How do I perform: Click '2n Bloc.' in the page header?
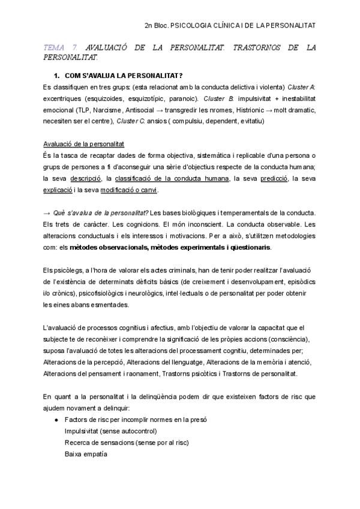(x=157, y=26)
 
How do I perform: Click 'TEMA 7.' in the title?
(x=62, y=47)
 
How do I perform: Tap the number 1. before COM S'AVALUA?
(x=58, y=76)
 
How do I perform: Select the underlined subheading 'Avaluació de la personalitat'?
(x=84, y=145)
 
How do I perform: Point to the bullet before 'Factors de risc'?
(x=56, y=420)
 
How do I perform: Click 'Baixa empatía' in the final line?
(x=86, y=454)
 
